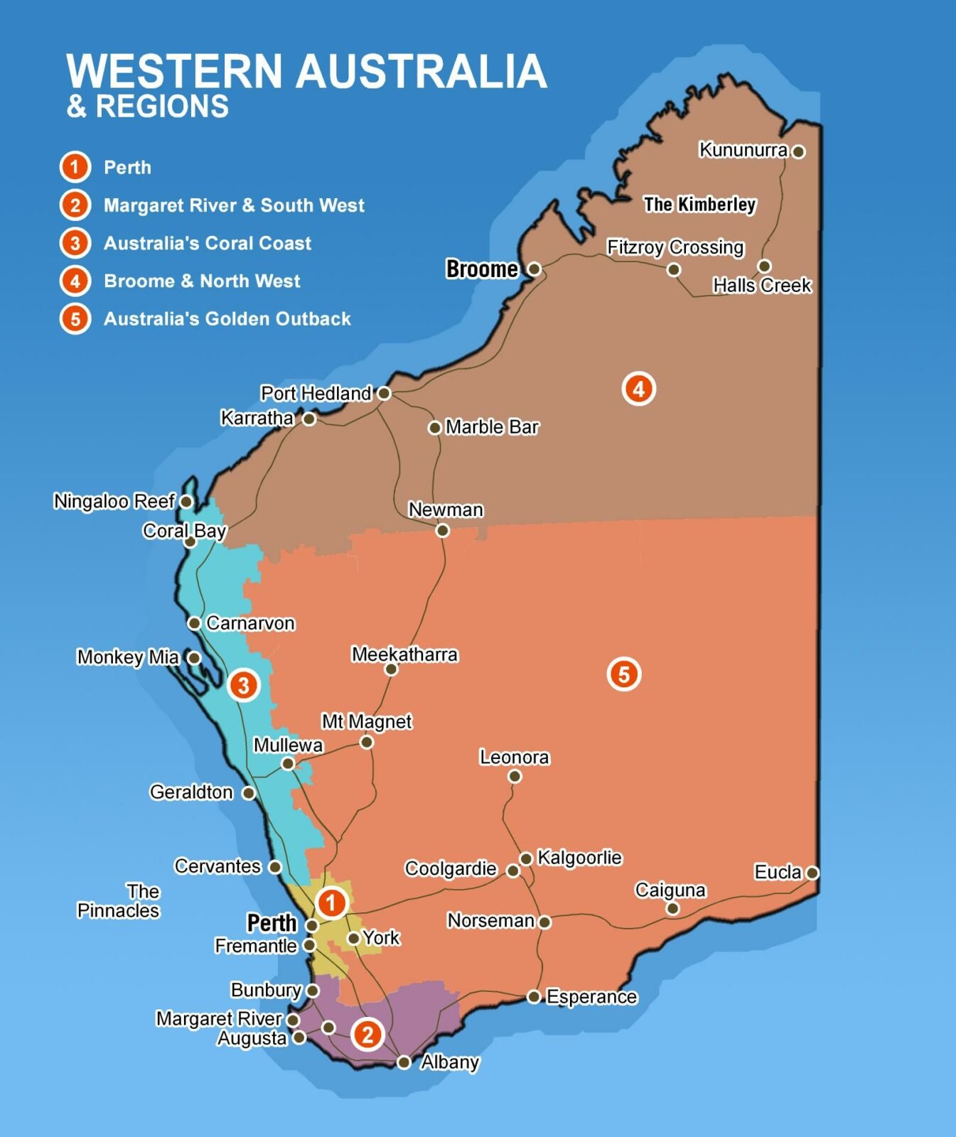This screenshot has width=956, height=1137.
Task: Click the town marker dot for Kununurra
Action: pos(798,151)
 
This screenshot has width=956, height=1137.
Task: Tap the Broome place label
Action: pos(482,269)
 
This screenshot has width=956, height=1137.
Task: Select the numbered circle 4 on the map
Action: pos(638,389)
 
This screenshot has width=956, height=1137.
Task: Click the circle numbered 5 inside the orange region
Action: pos(623,674)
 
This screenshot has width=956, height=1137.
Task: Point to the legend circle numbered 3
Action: pos(75,243)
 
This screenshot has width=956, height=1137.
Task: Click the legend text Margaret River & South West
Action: pos(234,205)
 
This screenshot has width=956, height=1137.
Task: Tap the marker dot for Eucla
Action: pos(812,872)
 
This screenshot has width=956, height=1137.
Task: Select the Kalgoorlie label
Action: pos(579,858)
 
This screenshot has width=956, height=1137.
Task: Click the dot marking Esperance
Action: pos(534,996)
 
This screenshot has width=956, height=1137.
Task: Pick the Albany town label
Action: pos(450,1062)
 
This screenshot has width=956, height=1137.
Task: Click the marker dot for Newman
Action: pos(442,530)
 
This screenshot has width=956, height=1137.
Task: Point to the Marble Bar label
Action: pos(492,427)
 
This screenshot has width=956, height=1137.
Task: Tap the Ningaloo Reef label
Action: pos(114,502)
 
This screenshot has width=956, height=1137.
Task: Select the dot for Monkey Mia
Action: pos(193,657)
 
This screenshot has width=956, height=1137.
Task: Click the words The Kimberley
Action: pos(699,205)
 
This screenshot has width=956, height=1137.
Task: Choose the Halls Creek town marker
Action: pos(764,266)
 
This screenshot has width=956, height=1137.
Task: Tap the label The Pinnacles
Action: pos(119,901)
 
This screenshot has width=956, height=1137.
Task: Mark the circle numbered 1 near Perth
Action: pos(331,903)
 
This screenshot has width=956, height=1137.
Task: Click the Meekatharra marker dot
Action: pos(391,669)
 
